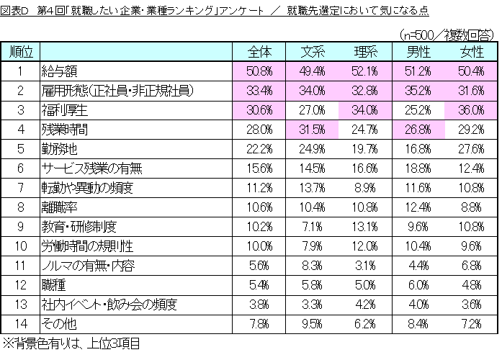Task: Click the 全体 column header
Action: point(259,53)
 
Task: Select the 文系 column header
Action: point(313,53)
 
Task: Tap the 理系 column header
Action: point(366,53)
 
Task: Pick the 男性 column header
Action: point(418,53)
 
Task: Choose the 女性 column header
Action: point(471,53)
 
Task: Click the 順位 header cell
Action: point(21,53)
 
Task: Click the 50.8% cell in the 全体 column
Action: point(259,72)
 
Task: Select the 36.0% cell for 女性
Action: point(471,110)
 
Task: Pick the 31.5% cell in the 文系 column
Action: point(313,130)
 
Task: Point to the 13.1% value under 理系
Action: point(366,225)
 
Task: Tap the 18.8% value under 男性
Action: point(418,168)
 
